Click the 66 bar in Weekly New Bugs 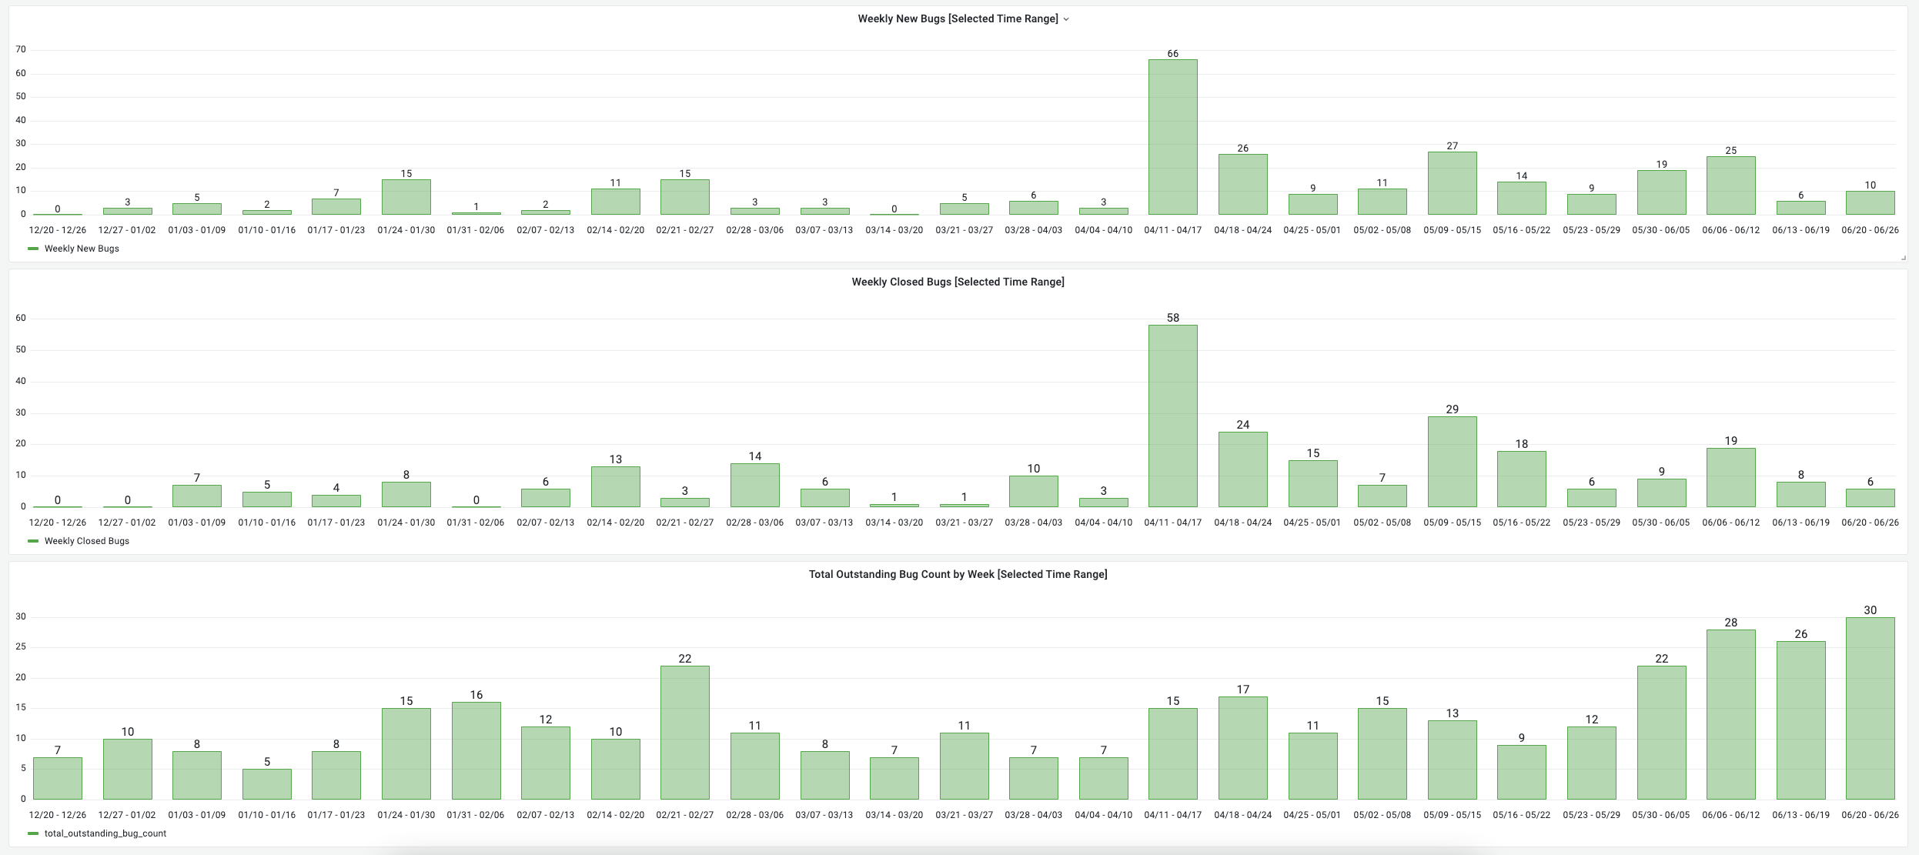pos(1172,137)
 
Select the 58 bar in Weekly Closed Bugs pos(1172,416)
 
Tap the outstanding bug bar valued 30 pos(1870,708)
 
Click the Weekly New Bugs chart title pos(958,19)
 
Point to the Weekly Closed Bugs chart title pos(958,282)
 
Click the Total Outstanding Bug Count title pos(958,575)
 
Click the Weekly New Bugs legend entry pos(82,249)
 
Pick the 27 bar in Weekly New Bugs pos(1452,183)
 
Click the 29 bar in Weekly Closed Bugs pos(1452,462)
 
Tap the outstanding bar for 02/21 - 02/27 pos(684,733)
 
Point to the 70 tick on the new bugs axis pos(21,50)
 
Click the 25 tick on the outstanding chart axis pos(21,647)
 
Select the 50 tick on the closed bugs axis pos(21,350)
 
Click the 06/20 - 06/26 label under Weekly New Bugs pos(1870,230)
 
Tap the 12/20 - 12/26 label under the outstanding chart pos(58,815)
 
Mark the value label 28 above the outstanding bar pos(1730,623)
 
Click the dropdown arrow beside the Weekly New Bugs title pos(1066,20)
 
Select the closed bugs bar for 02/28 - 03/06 pos(754,485)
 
